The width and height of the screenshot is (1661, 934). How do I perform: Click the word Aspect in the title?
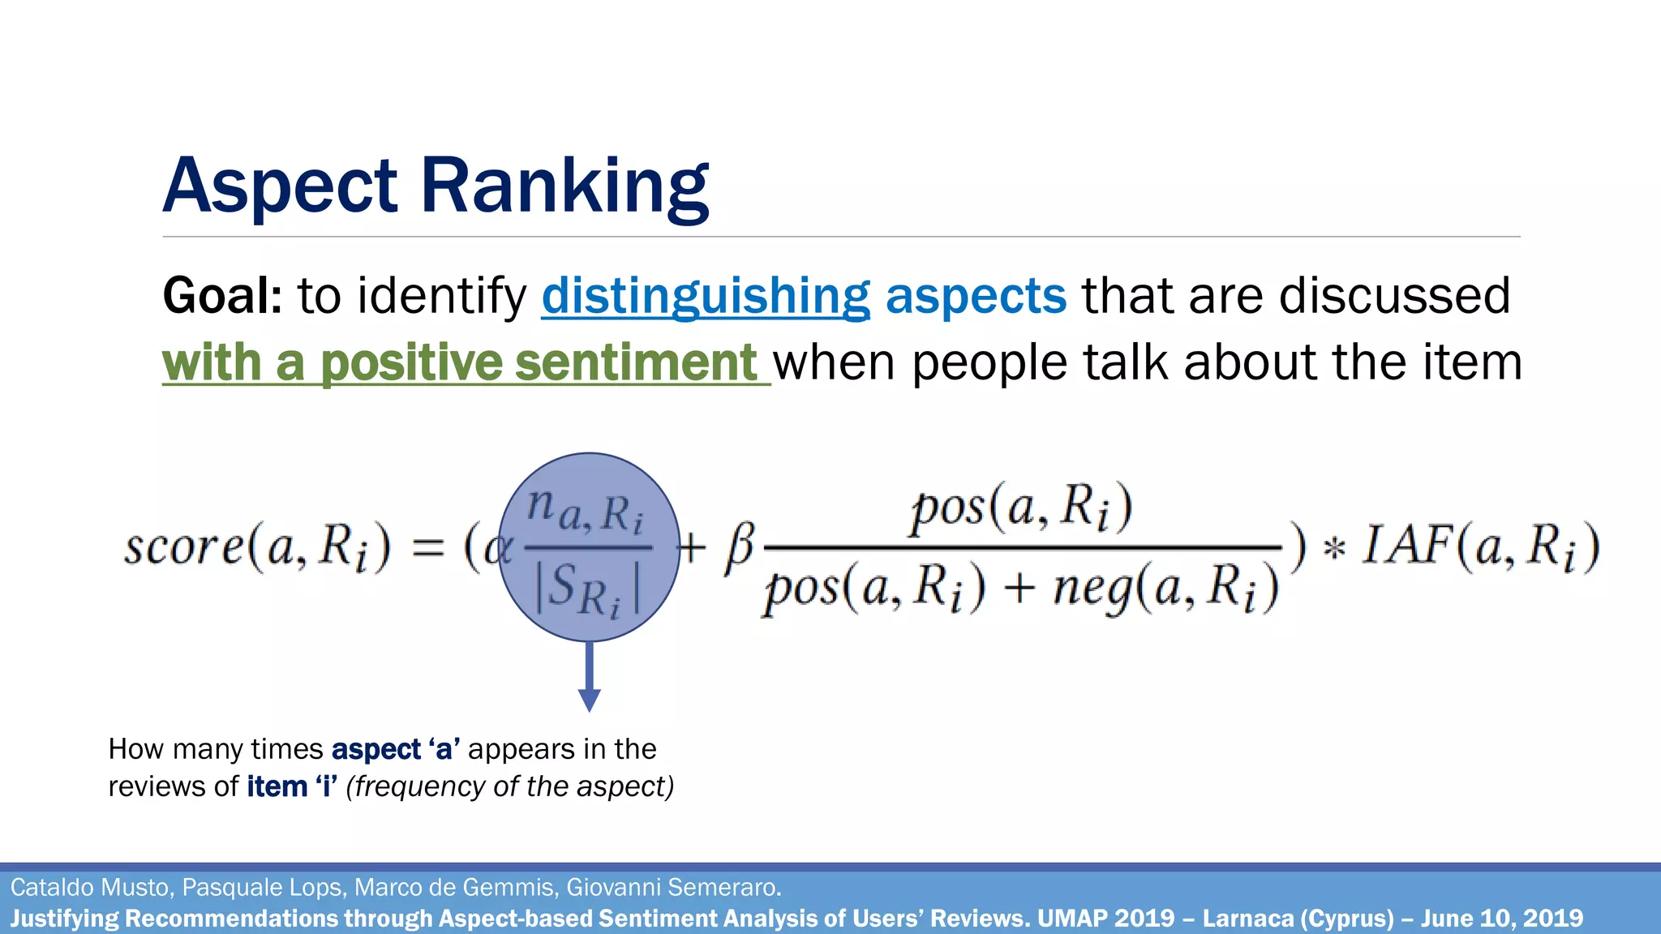click(x=280, y=186)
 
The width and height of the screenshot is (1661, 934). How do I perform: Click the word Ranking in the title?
click(x=564, y=186)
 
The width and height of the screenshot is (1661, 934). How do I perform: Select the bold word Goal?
click(x=222, y=296)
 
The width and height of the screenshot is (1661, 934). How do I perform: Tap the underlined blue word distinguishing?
click(x=706, y=296)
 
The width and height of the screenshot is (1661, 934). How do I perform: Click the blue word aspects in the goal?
click(x=976, y=296)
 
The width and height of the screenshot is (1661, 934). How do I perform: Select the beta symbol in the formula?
click(x=739, y=546)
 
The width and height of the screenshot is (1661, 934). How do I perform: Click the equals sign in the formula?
click(x=428, y=548)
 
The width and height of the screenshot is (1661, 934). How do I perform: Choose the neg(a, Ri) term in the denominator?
click(x=1165, y=589)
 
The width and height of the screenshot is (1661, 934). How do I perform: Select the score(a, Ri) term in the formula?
click(x=256, y=546)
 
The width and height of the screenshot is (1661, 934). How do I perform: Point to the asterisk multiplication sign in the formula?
click(x=1334, y=550)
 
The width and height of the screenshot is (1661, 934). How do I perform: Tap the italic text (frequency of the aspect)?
click(x=509, y=786)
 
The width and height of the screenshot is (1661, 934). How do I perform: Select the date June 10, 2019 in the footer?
click(x=1500, y=919)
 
